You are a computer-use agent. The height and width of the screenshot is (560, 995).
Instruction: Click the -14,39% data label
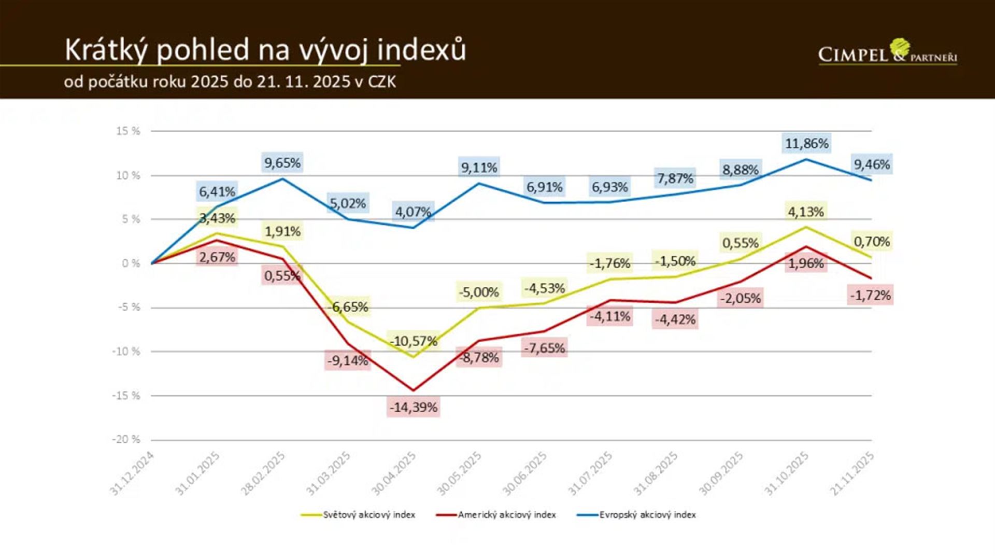coord(414,408)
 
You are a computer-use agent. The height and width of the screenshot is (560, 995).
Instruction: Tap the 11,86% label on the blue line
coord(806,144)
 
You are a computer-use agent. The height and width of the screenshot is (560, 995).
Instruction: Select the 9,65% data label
coord(282,163)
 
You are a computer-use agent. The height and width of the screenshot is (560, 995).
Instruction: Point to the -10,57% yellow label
coord(414,341)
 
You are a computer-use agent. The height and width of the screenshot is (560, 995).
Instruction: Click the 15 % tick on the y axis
coord(128,131)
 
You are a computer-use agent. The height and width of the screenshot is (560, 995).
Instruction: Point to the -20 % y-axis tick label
coord(126,440)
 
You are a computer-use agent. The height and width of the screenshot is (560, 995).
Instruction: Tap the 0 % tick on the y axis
coord(131,263)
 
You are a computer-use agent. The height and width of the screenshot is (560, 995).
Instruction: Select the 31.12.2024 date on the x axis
coord(132,474)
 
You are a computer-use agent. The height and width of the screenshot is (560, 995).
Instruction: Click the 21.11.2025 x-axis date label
coord(852,474)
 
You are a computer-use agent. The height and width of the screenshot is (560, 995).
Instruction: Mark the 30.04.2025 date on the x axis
coord(394,474)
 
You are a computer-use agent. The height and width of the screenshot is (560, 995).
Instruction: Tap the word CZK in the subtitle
coord(382,82)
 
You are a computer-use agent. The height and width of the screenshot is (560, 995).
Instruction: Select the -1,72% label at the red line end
coord(870,296)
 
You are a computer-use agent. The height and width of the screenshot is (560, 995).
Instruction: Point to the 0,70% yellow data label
coord(872,242)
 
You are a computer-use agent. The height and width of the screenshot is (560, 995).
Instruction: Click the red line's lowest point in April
coord(414,390)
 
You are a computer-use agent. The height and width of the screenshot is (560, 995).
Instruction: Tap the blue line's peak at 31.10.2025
coord(806,159)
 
